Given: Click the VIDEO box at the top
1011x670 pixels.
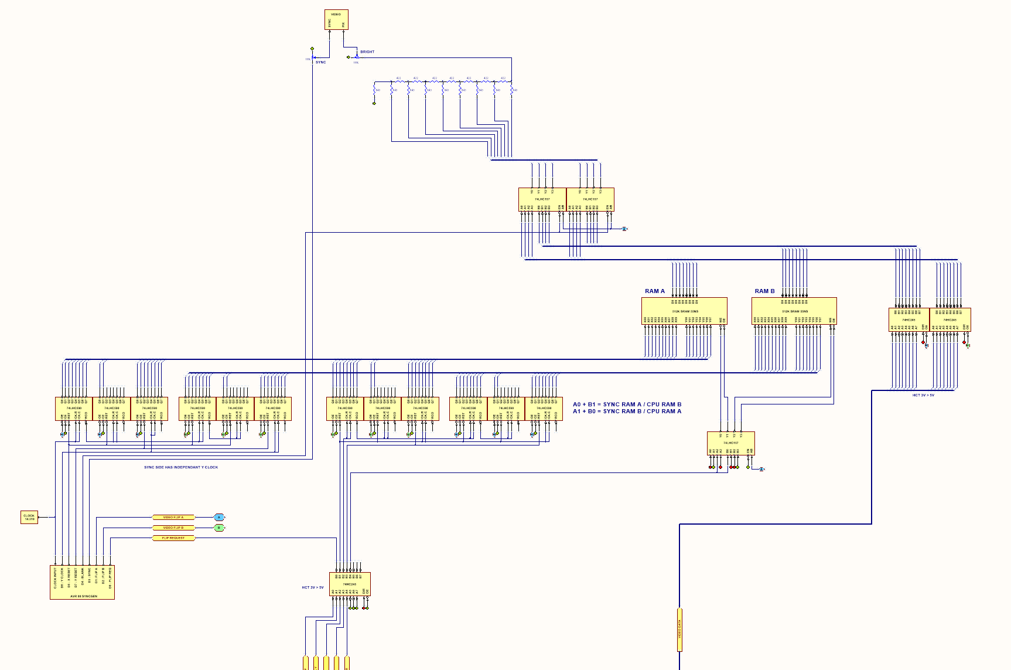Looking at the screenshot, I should click(336, 19).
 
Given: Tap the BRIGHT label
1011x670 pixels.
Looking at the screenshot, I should click(367, 52).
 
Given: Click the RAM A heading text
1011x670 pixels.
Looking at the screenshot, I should click(655, 291).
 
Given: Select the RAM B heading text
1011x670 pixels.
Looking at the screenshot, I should click(764, 291).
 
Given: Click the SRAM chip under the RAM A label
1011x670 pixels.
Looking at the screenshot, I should click(684, 311).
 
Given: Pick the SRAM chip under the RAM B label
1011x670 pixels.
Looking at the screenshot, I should click(794, 311).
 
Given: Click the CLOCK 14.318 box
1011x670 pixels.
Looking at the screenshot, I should click(29, 517).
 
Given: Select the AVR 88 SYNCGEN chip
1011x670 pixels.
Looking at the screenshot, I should click(82, 582).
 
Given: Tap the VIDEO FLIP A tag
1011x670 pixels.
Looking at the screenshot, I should click(173, 518).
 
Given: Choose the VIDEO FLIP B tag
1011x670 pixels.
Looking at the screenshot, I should click(173, 528).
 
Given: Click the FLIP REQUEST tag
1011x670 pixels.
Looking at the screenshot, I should click(173, 538).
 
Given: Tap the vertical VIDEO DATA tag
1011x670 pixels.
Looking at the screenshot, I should click(679, 630).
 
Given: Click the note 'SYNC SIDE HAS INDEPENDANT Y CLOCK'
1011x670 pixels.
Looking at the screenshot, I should click(181, 467).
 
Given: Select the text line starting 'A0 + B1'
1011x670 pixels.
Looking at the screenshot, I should click(627, 404).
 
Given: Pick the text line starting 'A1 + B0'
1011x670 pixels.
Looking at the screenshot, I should click(627, 411).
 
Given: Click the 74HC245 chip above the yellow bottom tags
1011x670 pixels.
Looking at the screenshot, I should click(350, 584).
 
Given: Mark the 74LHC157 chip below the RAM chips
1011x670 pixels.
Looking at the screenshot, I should click(730, 443).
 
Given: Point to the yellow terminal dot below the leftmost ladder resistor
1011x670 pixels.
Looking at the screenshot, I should click(374, 104).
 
